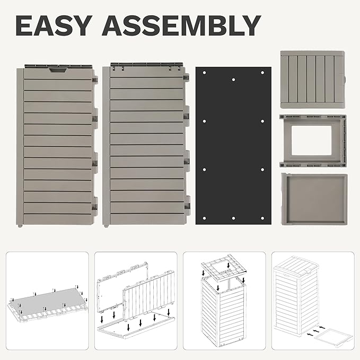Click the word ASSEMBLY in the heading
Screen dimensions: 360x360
pos(181,25)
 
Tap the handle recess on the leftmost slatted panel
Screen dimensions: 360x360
pos(58,70)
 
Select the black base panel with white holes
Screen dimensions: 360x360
pos(233,146)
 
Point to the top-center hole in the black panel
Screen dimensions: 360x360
pos(233,80)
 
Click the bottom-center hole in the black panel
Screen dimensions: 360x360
pos(233,218)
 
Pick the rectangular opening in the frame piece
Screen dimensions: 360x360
pos(311,141)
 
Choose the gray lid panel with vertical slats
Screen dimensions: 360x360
pos(313,80)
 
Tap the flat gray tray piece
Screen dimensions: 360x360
pos(314,199)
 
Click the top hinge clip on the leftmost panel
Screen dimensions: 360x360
pos(95,80)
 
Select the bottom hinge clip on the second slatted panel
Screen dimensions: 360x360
pos(187,206)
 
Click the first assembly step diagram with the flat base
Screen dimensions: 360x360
pos(47,301)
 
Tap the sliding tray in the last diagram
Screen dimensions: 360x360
pos(333,336)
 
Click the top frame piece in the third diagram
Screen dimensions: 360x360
pos(224,267)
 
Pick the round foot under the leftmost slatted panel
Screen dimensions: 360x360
pos(20,226)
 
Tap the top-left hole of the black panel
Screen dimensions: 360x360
pos(204,73)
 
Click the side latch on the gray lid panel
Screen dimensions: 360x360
pos(345,79)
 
